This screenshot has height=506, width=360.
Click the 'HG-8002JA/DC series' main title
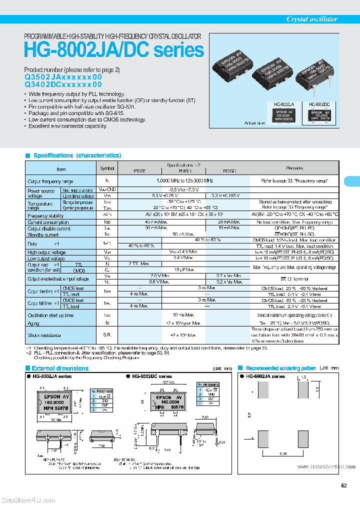coord(114,50)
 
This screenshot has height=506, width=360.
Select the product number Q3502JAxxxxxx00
coord(63,77)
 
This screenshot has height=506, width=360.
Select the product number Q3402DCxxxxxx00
coord(63,85)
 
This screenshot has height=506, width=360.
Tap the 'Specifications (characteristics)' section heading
coord(77,155)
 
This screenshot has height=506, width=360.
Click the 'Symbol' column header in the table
coord(107,169)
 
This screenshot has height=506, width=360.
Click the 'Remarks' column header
coord(294,168)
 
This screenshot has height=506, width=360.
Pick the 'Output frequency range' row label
coord(50,181)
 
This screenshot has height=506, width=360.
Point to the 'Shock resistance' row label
coord(44,335)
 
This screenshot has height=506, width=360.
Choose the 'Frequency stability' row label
coord(45,215)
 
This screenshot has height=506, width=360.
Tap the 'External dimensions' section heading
coord(60,368)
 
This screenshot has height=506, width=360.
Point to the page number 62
coord(344,485)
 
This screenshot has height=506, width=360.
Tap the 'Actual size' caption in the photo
coord(254,122)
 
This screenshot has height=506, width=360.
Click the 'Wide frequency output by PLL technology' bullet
coord(76,94)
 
